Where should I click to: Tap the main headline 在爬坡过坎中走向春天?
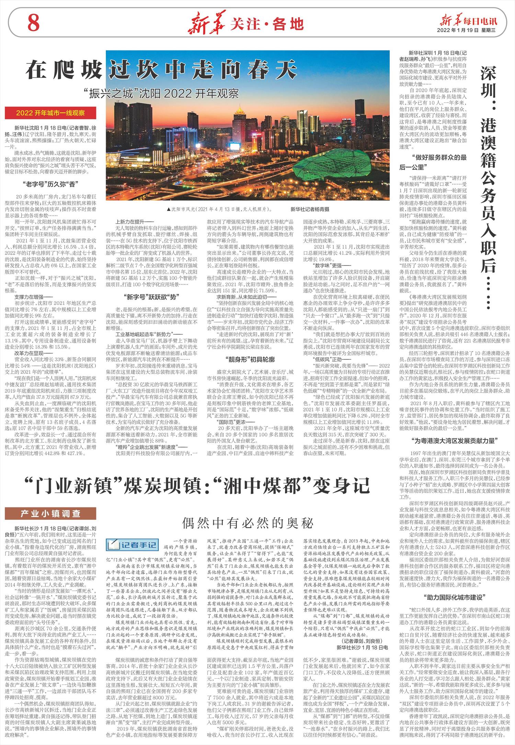tap(161, 70)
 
